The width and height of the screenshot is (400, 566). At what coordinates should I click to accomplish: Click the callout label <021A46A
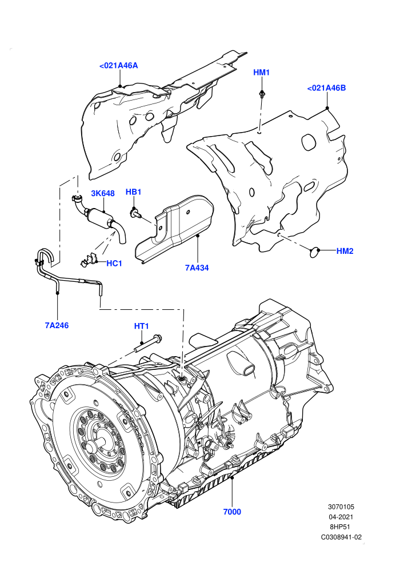point(118,66)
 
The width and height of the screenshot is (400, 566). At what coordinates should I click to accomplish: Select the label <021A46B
point(326,88)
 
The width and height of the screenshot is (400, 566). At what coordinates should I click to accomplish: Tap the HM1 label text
point(261,73)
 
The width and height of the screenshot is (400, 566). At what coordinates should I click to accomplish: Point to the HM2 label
point(345,251)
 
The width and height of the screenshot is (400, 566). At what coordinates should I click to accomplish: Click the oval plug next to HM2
point(315,252)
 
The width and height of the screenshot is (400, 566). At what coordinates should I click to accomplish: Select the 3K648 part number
point(103,193)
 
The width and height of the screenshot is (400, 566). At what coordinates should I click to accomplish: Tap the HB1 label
point(133,192)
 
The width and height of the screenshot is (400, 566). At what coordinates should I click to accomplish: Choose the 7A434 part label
point(197,268)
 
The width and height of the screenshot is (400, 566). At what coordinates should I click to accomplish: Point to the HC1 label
point(114,264)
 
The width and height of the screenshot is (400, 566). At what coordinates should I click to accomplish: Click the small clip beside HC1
point(89,260)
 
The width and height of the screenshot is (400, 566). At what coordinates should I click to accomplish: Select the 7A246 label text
point(57,326)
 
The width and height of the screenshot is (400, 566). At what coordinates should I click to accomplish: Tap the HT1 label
point(141,326)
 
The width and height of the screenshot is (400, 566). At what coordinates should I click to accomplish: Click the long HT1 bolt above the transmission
point(149,344)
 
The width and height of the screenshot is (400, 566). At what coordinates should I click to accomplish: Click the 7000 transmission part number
point(232,512)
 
